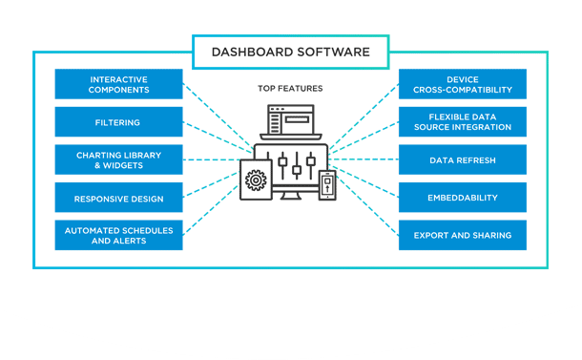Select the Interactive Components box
point(118,84)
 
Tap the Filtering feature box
point(118,122)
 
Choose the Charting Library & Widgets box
point(118,159)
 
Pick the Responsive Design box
point(118,199)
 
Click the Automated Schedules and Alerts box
point(118,235)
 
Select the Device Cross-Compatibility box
point(463,84)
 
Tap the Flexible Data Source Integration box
point(463,122)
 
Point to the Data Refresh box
point(463,159)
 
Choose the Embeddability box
point(463,199)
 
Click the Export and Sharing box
point(463,235)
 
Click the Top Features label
point(290,88)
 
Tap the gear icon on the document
point(255,180)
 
